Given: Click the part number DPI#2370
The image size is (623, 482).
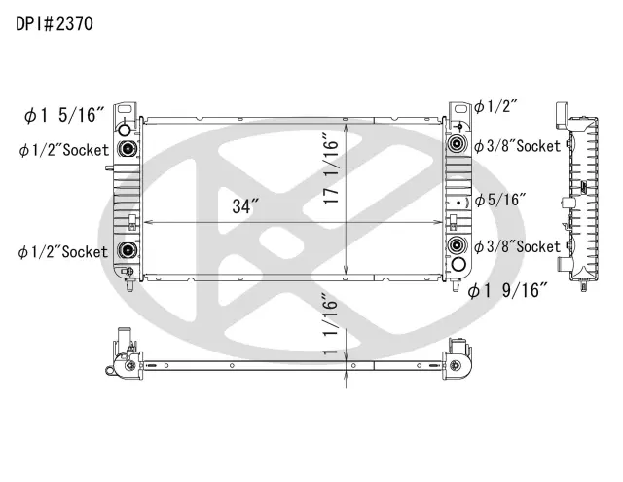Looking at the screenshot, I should [55, 24].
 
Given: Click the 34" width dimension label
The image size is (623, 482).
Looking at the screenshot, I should [245, 206].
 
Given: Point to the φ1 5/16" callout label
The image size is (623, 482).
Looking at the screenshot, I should [64, 116].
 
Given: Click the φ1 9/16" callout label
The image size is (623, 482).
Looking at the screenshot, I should [508, 289].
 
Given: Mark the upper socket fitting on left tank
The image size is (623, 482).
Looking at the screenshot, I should [126, 149].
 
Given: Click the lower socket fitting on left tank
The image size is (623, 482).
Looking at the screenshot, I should [126, 253].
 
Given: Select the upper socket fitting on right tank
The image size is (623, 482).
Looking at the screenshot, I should [456, 146].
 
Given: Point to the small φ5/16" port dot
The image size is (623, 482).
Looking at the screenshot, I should [459, 202].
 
